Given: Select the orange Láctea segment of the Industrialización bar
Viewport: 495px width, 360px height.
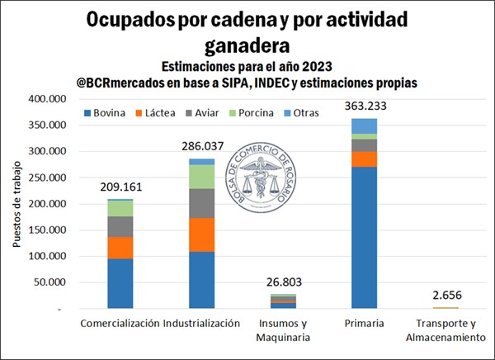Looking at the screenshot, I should (202, 234).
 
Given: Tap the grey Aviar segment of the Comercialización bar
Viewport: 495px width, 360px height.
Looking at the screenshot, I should (120, 226).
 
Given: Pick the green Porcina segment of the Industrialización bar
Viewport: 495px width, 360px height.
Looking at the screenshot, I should (202, 177).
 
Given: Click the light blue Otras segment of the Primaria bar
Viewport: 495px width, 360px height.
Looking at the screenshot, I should (364, 126).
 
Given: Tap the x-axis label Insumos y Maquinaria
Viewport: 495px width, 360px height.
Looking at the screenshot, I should (283, 330).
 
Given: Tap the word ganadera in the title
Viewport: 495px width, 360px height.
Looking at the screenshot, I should (247, 41).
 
